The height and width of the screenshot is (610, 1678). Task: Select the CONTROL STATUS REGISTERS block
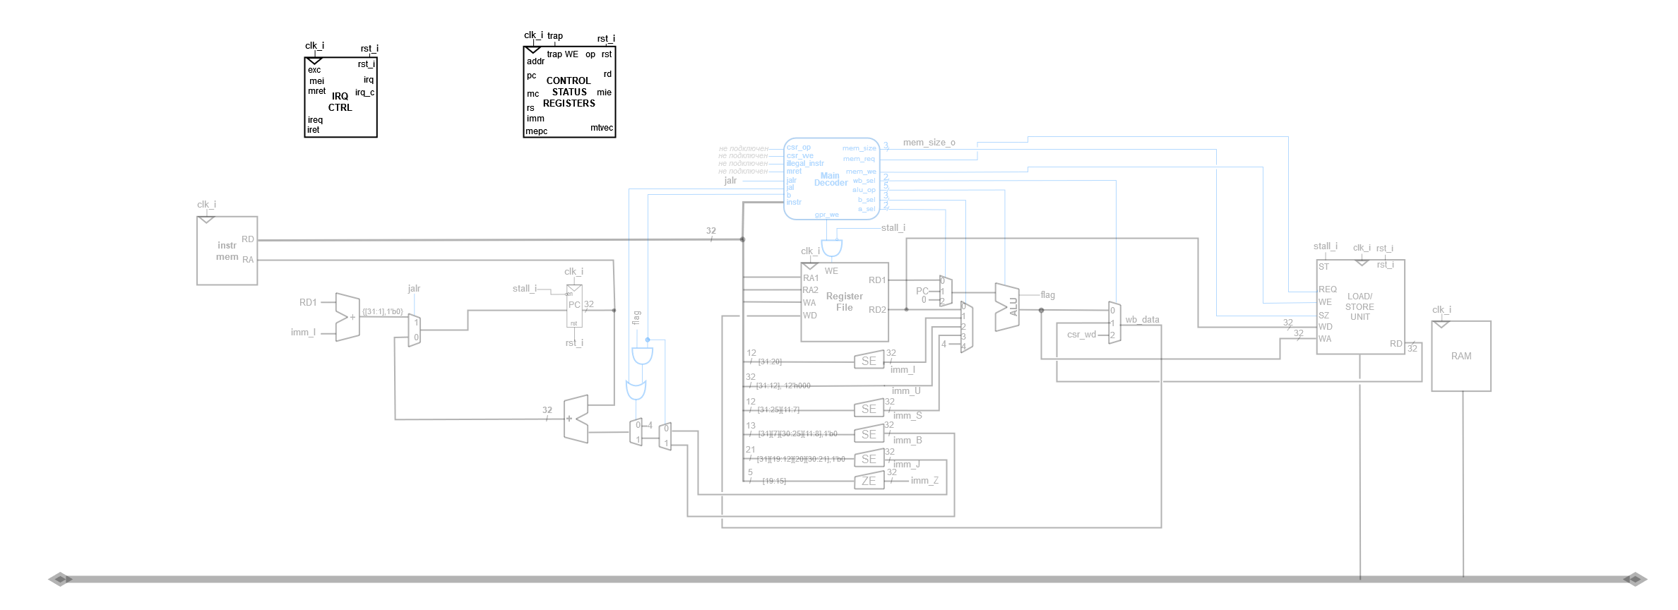(569, 92)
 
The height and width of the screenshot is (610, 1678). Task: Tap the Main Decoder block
(831, 179)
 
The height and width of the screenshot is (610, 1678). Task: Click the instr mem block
(227, 251)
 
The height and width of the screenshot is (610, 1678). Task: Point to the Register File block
(845, 302)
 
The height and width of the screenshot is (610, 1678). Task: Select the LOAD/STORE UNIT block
(1360, 307)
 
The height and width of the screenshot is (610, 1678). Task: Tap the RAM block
(1461, 356)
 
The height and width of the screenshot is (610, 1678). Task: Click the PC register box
(574, 306)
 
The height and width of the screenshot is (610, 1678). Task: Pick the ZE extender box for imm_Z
(869, 481)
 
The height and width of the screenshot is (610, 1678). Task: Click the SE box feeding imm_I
(869, 361)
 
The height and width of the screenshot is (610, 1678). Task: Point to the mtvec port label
(602, 128)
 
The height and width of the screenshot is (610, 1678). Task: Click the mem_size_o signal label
(929, 143)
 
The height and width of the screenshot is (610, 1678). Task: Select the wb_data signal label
(1142, 320)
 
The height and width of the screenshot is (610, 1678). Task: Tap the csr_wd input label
(1081, 335)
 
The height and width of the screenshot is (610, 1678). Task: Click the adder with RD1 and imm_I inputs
(348, 317)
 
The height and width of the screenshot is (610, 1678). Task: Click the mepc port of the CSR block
(536, 131)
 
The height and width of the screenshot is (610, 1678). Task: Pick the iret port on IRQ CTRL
(313, 130)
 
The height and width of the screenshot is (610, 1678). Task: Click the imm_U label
(905, 391)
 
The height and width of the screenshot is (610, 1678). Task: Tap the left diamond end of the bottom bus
(61, 579)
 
